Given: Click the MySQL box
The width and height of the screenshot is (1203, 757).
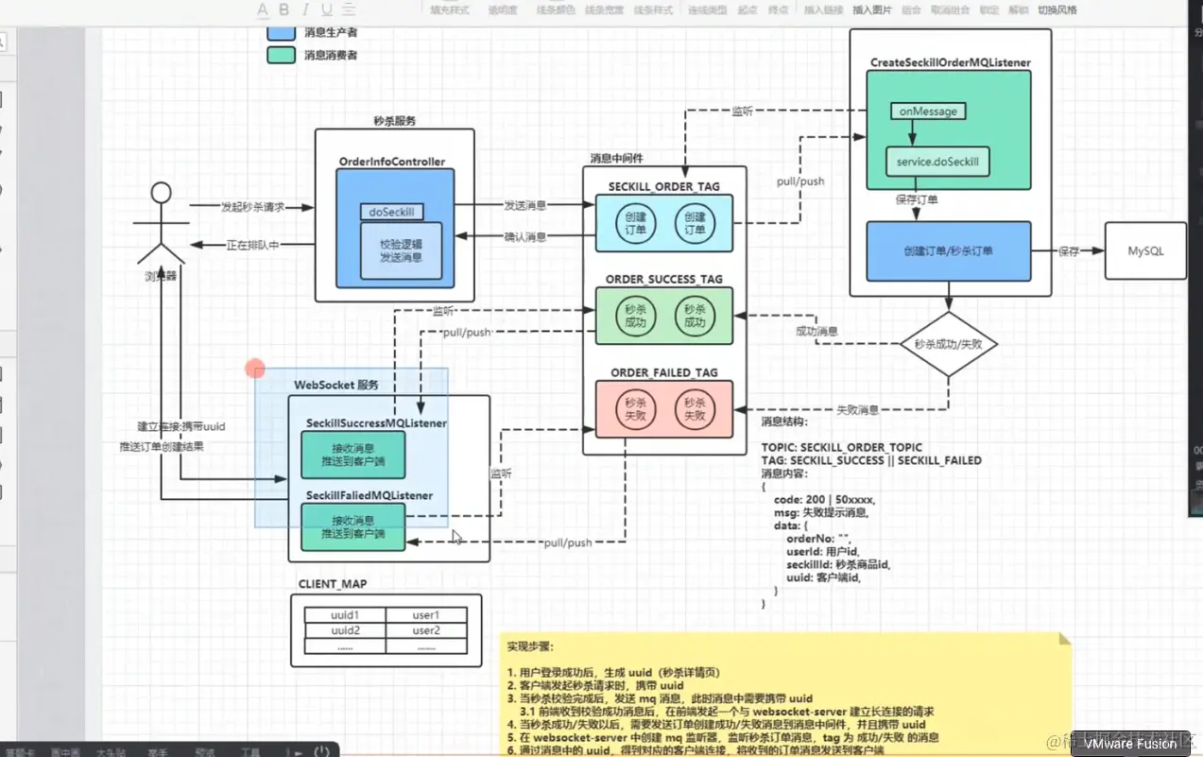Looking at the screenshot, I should coord(1145,251).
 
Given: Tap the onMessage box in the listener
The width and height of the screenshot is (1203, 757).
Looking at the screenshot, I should coord(927,112).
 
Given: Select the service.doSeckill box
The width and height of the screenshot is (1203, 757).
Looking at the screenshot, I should coord(938,162).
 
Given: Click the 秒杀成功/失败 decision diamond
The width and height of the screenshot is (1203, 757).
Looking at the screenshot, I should coord(948,344).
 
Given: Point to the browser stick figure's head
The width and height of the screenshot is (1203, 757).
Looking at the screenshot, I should coord(161,193).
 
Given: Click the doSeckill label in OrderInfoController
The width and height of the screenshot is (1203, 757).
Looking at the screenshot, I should coord(392,213).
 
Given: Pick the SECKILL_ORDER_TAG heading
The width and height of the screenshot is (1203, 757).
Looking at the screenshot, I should coord(663,187).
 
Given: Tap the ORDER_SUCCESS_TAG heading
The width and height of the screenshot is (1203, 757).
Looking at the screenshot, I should coord(663,280).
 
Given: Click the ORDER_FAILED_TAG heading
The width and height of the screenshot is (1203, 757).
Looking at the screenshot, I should coord(663,373).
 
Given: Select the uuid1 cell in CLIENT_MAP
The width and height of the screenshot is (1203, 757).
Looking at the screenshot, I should coord(345,616).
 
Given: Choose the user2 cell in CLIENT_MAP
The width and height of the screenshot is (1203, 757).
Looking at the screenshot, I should coord(426,630).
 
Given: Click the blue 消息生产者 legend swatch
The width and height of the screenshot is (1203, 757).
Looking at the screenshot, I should coord(281,32).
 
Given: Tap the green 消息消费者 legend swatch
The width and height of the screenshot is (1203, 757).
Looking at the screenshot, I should coord(281,55).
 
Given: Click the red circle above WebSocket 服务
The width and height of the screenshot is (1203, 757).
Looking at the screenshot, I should coord(255,369).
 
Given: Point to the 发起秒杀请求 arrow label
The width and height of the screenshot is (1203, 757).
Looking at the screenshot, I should coord(252,207).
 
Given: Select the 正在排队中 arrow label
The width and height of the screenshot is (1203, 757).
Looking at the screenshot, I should coord(252,246).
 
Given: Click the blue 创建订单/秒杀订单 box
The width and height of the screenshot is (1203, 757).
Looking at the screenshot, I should coord(948,251).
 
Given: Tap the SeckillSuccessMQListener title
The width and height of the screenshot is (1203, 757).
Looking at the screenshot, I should coord(376,423).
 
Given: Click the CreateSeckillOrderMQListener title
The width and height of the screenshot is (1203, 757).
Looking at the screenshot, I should coord(950,62).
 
